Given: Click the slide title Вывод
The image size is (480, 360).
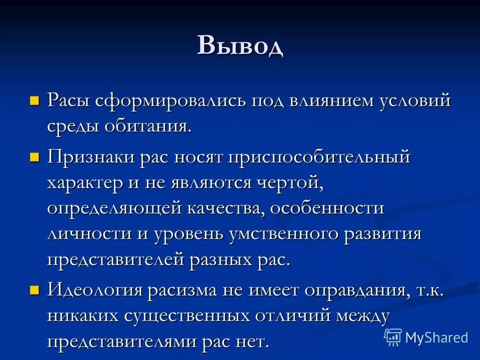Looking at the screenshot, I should point(240,46).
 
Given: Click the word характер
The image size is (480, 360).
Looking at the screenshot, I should point(85,183).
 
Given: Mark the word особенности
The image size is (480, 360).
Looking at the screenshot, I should point(327,209).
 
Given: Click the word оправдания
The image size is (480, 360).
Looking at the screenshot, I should point(350,290).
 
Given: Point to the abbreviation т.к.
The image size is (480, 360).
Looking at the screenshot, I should point(429,290).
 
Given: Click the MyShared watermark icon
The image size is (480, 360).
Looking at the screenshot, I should point(393,337).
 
